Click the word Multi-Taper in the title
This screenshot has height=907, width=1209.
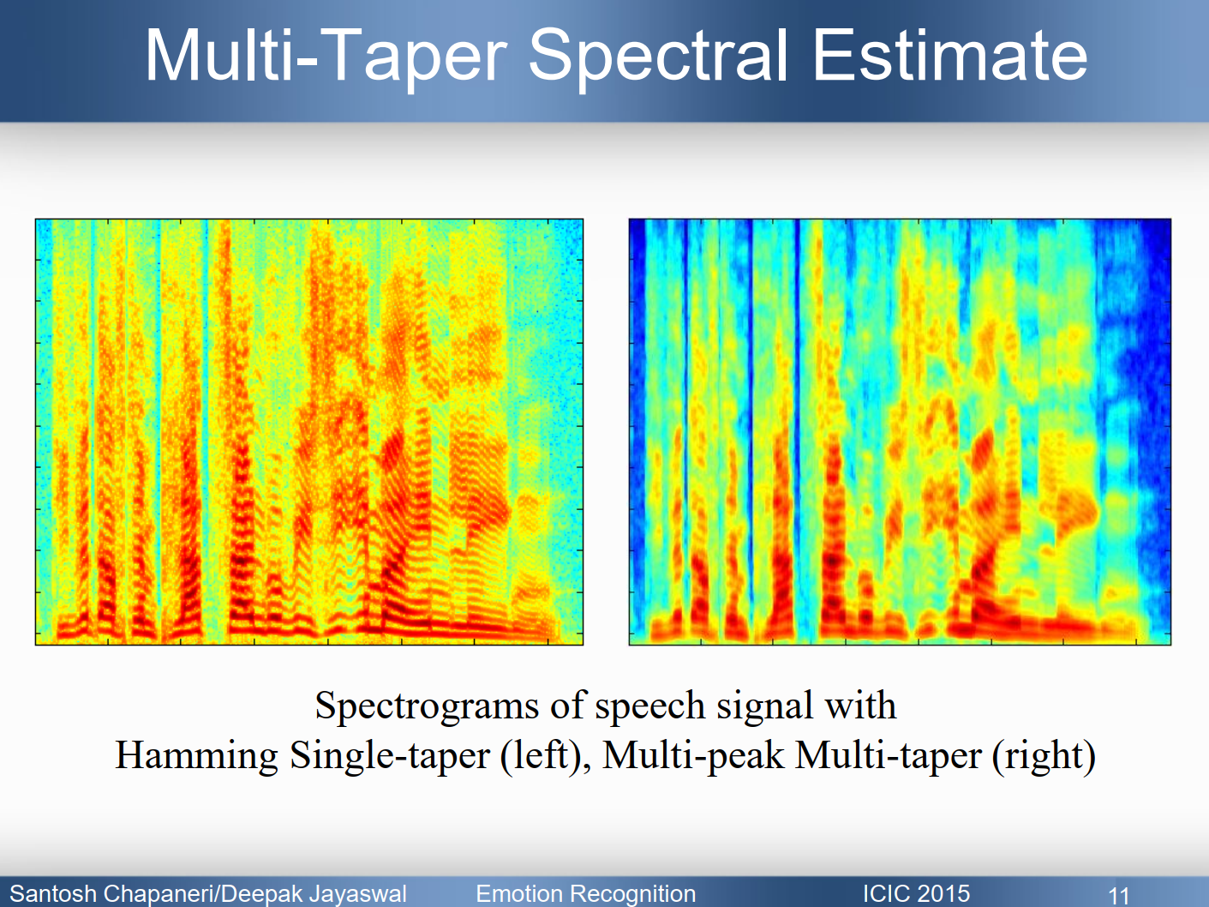(326, 57)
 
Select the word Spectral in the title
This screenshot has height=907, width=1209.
(657, 57)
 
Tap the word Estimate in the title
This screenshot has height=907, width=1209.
(949, 57)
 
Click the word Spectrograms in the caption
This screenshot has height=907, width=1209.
(427, 706)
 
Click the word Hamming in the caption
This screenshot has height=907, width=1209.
(196, 756)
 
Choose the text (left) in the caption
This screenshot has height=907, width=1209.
(545, 756)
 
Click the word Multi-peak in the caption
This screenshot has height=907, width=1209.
(693, 756)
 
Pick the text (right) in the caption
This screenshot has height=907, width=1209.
(1044, 756)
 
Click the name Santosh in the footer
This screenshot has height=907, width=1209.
(53, 893)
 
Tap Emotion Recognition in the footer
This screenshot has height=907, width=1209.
(585, 893)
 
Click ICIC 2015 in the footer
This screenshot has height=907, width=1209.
(916, 893)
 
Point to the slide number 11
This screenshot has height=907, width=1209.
(1119, 895)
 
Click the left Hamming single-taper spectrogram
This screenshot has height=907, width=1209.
(308, 431)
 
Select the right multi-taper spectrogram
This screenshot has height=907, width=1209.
(900, 431)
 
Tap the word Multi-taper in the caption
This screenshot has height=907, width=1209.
(889, 756)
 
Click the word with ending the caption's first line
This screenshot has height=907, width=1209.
(860, 706)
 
